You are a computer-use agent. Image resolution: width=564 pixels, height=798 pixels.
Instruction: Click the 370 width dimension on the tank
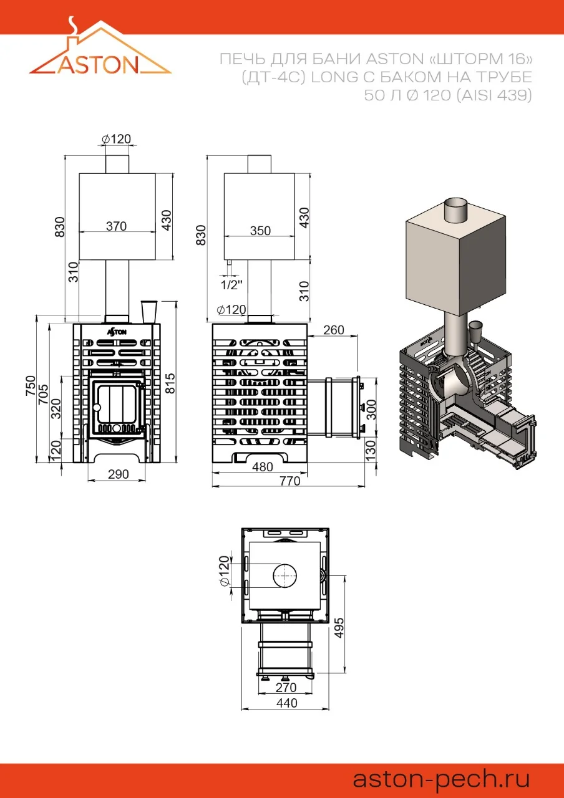tap(116, 226)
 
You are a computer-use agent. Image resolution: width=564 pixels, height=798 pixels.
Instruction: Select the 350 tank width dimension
tap(260, 231)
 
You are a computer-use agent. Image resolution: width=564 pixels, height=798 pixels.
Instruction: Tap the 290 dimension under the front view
tap(118, 474)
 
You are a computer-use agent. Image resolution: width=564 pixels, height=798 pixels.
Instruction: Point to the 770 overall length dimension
tap(290, 481)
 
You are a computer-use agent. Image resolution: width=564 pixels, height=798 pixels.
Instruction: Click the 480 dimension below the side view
tap(263, 467)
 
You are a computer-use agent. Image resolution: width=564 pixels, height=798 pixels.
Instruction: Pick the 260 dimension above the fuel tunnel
tap(334, 330)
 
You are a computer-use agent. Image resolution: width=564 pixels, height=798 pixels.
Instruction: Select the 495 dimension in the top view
tap(339, 628)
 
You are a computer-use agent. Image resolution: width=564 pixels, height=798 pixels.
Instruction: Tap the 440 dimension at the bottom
tap(286, 703)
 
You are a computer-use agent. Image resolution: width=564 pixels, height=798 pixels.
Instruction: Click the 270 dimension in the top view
tap(286, 687)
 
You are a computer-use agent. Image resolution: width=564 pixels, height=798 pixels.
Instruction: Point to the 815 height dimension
tap(171, 383)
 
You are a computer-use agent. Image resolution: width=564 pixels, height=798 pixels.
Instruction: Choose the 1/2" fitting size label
tap(231, 285)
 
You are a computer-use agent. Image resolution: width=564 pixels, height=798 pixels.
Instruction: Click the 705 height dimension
tap(43, 394)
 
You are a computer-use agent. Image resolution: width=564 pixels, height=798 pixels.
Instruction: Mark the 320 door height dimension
tap(56, 408)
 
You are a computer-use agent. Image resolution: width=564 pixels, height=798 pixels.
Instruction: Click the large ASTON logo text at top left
tap(98, 65)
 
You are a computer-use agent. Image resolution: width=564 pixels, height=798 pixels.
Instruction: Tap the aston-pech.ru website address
tap(441, 780)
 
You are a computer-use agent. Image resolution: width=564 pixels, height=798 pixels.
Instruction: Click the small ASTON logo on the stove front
tap(117, 332)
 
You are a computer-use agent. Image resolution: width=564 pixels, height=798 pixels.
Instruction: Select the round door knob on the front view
tap(96, 407)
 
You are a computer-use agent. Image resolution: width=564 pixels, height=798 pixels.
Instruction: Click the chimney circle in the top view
tap(285, 576)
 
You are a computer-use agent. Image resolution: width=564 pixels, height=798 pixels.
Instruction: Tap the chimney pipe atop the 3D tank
tap(455, 211)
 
